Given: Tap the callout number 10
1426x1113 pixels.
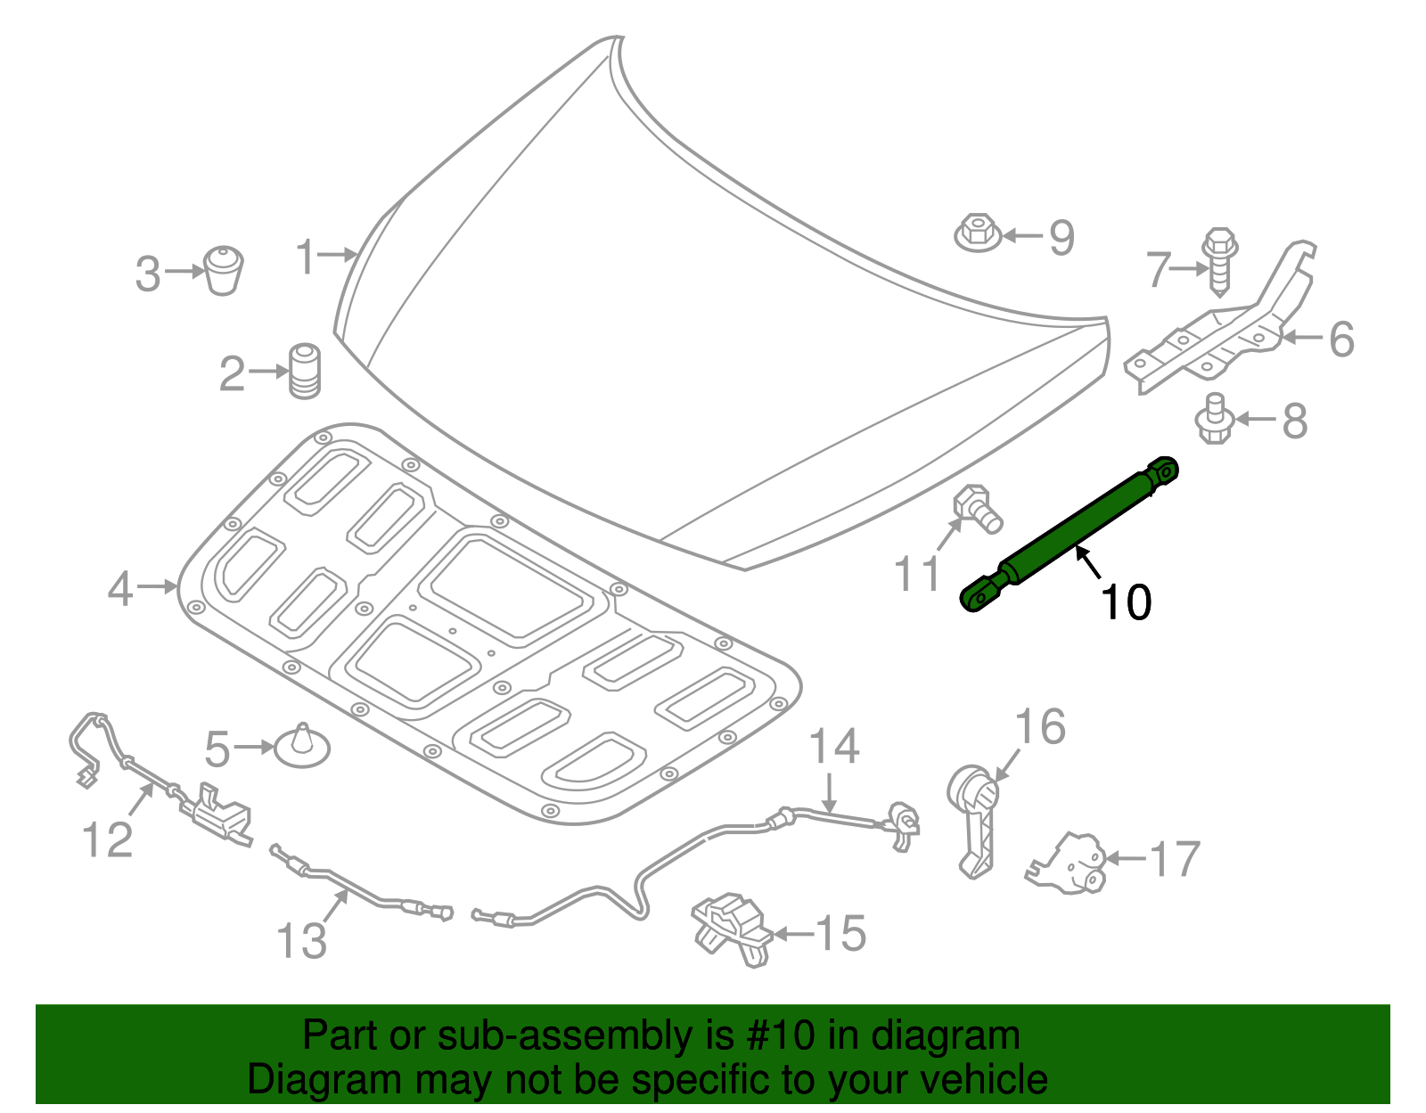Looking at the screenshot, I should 1127,603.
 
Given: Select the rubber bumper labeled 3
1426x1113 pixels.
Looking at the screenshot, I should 223,270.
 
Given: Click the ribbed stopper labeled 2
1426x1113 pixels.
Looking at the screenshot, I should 305,371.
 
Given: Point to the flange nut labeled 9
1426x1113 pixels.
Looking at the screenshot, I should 978,233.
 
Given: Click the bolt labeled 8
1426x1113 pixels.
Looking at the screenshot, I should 1213,420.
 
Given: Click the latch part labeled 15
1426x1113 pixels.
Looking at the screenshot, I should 731,927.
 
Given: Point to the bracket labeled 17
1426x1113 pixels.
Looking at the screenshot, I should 1069,862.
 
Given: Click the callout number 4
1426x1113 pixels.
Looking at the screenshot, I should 120,589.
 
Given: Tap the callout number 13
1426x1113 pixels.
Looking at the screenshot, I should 302,940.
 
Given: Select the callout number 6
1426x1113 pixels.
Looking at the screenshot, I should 1341,340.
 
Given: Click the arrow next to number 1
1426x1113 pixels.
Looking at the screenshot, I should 338,255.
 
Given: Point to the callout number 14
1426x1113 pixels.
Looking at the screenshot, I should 834,747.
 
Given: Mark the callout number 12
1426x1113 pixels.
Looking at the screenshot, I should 107,840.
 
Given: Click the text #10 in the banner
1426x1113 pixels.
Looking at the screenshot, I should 779,1036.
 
